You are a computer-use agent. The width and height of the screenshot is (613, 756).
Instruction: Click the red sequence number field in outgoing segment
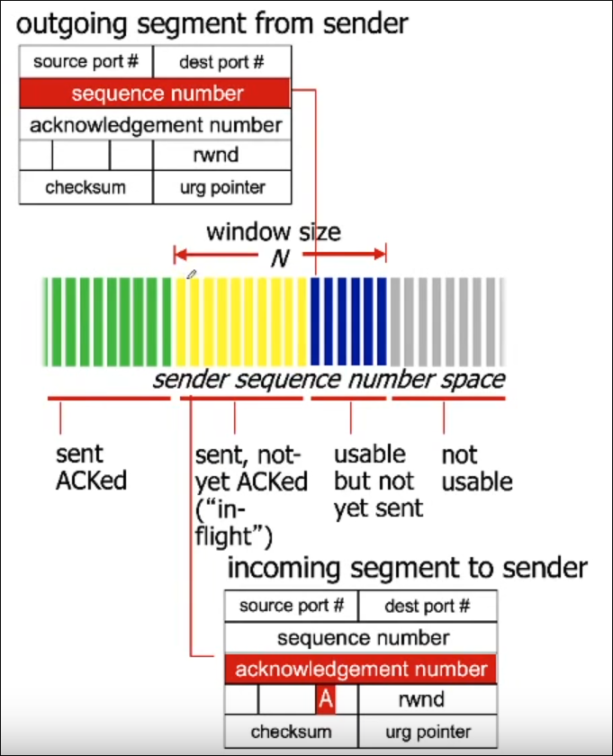[156, 94]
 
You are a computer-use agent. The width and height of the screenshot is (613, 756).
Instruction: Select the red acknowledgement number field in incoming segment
[360, 669]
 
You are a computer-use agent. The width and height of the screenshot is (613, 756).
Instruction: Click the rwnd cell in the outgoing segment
[221, 155]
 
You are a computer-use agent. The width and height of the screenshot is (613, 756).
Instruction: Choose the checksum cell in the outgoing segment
[86, 187]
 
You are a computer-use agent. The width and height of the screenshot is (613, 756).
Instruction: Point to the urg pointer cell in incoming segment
[427, 732]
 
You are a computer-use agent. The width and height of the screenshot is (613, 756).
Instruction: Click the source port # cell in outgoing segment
[86, 62]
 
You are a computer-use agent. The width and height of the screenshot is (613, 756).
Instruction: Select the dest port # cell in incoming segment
[427, 606]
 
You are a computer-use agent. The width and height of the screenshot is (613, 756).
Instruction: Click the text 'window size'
[274, 232]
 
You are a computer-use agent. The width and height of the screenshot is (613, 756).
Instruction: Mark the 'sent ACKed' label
[90, 467]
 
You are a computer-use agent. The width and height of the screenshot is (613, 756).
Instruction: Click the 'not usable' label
[476, 467]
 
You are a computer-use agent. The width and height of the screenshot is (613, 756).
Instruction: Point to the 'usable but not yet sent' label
[377, 481]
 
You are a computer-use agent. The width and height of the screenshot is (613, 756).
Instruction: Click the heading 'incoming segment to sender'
[407, 568]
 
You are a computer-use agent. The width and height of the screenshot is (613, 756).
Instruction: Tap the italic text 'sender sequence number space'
[329, 379]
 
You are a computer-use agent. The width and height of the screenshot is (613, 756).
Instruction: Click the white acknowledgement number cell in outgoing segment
[156, 124]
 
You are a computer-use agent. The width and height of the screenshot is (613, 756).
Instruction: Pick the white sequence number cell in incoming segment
[360, 637]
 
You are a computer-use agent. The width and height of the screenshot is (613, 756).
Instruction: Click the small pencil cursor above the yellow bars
[190, 274]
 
